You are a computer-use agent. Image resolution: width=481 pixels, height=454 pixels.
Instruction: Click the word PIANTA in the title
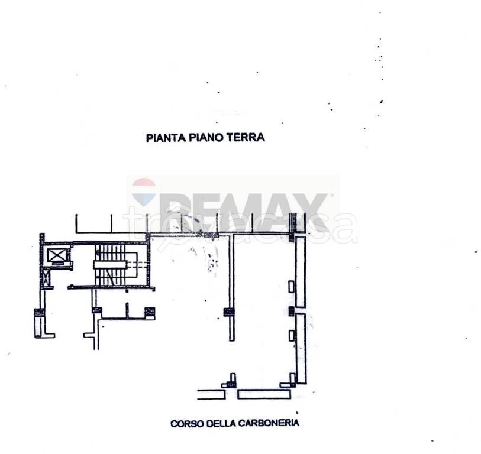click(x=166, y=138)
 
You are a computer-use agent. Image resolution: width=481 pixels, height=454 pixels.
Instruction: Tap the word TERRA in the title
click(x=246, y=137)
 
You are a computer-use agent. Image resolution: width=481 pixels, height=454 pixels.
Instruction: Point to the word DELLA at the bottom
click(x=221, y=423)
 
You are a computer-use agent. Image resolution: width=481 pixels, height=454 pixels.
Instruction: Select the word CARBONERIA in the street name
click(x=269, y=423)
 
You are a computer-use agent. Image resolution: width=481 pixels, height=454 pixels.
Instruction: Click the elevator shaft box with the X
click(x=57, y=255)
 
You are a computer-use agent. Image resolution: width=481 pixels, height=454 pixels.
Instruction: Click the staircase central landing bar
click(x=110, y=265)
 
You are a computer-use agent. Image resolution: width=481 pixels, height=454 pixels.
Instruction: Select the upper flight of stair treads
click(x=110, y=252)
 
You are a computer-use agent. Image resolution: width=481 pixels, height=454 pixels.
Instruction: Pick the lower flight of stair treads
click(x=110, y=277)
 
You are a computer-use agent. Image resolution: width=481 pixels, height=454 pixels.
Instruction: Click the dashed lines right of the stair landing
click(x=137, y=265)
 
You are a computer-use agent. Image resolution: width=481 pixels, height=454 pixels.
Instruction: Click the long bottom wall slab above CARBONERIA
click(x=264, y=394)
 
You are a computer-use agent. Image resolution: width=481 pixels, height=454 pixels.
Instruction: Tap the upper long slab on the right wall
click(x=301, y=272)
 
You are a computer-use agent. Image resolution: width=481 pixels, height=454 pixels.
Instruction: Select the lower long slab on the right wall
click(x=301, y=349)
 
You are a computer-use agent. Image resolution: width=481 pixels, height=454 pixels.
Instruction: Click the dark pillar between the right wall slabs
click(x=292, y=311)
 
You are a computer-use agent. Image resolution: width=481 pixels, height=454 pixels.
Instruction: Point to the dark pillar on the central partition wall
click(x=228, y=312)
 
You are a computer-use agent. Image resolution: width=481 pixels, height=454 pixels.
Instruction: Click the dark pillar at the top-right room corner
click(x=292, y=237)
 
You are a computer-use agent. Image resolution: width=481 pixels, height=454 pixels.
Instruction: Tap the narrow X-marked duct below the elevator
click(x=46, y=278)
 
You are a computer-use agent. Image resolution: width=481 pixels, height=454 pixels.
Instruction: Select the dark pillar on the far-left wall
click(x=39, y=313)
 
